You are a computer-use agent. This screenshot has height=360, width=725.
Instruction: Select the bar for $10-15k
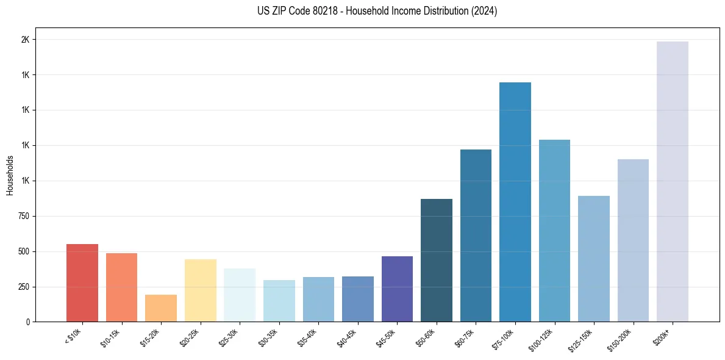(121, 287)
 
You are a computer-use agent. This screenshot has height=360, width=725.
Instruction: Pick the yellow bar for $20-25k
(200, 290)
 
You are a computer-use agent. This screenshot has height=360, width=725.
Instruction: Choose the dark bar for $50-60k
(437, 260)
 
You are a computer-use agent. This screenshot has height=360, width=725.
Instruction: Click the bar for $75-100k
(515, 201)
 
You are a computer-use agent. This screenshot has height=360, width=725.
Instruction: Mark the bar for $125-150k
(594, 259)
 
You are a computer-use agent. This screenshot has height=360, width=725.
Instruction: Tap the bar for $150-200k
(633, 240)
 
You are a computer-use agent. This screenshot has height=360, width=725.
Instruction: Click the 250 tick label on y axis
(23, 287)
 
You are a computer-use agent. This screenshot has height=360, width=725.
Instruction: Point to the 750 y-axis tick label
(23, 216)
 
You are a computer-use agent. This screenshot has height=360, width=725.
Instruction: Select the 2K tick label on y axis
(25, 40)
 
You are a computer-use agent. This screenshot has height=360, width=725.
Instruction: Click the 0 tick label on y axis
(27, 322)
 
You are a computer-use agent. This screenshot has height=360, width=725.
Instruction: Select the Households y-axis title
(10, 175)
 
